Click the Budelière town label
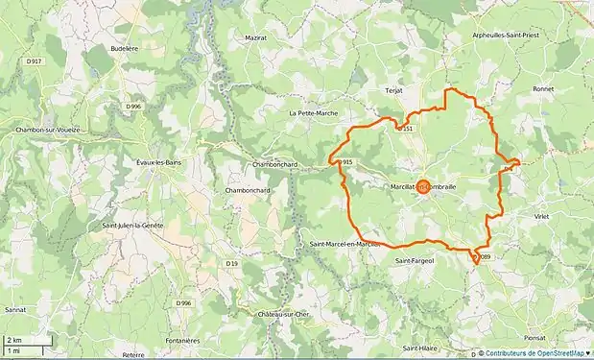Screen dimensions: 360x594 (126, 47)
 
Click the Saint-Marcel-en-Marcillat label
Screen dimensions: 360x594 (345, 244)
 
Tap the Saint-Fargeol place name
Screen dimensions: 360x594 (416, 259)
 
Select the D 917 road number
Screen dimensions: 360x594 (35, 61)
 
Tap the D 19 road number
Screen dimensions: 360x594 (231, 263)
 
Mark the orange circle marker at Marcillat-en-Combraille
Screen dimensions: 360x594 (423, 188)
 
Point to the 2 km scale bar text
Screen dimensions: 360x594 (14, 341)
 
